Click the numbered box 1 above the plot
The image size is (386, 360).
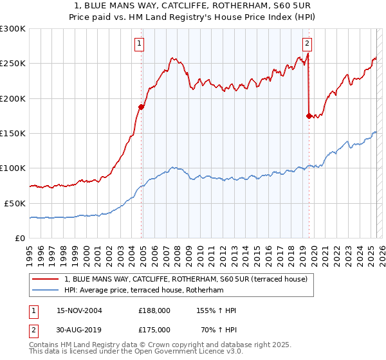140,44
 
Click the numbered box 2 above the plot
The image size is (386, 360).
307,44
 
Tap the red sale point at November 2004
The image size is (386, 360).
142,107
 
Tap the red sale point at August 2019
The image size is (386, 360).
309,116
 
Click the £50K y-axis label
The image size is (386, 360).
15,203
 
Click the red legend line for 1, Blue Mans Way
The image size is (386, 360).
45,279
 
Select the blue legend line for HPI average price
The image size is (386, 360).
45,291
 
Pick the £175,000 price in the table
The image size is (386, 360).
154,330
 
